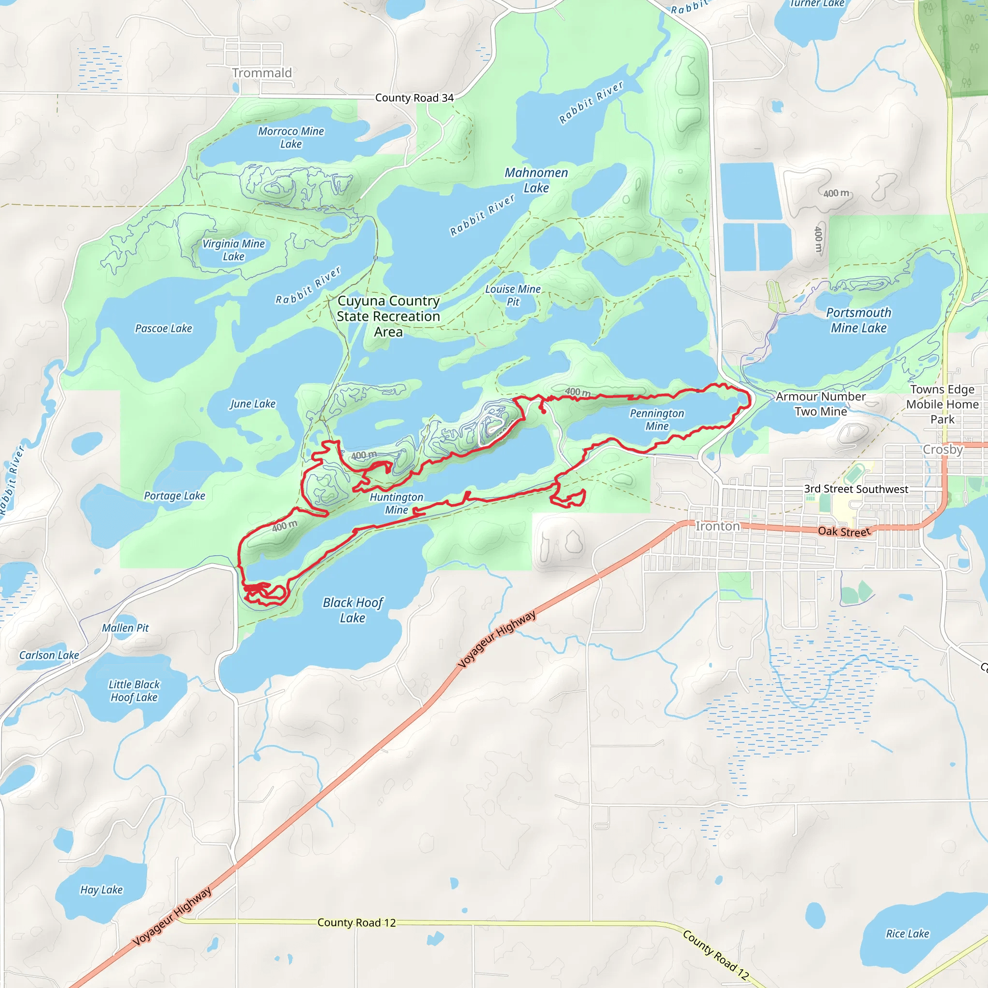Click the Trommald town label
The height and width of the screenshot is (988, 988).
(262, 73)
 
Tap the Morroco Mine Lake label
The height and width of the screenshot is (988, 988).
(290, 137)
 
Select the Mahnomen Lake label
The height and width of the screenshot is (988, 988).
(536, 180)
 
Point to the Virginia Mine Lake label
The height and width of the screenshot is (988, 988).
(233, 250)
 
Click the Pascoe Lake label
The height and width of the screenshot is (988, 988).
(164, 329)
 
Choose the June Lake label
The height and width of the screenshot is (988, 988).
(252, 404)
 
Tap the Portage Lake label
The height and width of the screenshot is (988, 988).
(174, 495)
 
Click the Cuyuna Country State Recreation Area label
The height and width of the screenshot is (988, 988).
(388, 316)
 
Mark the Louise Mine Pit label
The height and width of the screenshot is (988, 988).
(513, 295)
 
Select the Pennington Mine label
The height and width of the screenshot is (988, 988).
(657, 419)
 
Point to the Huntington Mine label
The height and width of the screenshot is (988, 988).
(397, 503)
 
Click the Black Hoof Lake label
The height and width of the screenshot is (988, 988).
(353, 610)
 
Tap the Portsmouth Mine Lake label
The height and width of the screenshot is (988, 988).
(859, 320)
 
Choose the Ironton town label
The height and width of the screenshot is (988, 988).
(717, 526)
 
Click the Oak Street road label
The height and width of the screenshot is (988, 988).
(844, 531)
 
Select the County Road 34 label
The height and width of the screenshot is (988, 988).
(414, 97)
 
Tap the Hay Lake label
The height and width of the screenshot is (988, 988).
(101, 890)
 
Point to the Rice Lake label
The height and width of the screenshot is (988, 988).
(907, 934)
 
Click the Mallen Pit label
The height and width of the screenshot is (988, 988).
(125, 628)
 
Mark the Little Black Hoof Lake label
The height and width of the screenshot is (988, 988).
(134, 690)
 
